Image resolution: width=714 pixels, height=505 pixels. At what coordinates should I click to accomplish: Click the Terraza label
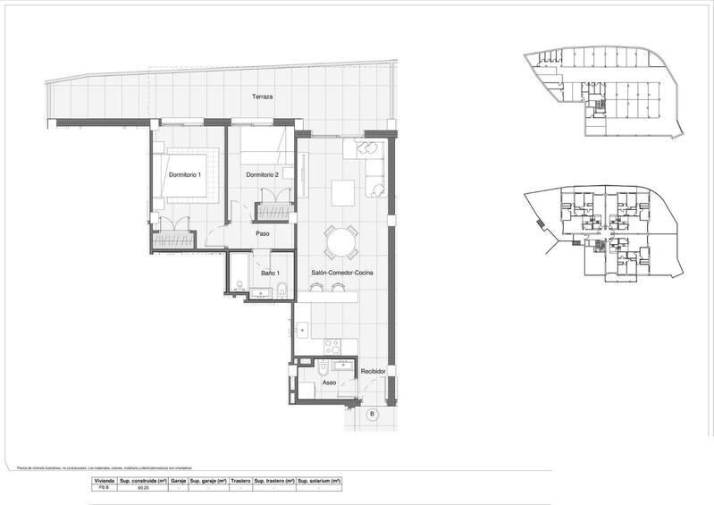262,97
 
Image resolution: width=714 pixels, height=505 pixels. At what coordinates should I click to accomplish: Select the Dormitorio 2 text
262,174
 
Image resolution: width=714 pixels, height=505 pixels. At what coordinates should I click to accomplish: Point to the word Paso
263,235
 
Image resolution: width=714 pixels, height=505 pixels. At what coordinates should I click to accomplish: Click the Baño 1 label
271,273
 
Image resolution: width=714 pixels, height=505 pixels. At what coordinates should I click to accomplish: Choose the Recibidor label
373,370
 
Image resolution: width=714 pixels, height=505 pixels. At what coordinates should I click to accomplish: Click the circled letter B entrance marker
372,415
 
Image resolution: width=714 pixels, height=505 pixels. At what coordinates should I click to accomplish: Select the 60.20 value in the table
143,489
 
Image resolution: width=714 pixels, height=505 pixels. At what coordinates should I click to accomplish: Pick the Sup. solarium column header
319,480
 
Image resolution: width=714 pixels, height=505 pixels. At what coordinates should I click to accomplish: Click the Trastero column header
240,480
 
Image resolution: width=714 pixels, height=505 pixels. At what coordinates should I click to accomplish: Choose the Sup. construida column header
143,480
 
